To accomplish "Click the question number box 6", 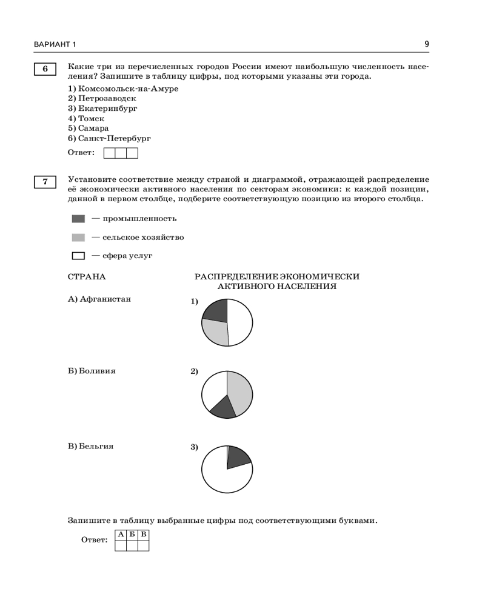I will coord(45,69).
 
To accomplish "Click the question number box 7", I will coord(45,182).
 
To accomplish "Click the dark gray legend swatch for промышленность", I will coord(78,219).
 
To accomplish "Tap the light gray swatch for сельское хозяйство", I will coord(78,238).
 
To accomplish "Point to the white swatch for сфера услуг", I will coord(78,256).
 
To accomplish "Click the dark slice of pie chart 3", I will coord(237,458).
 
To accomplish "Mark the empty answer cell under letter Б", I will coord(132,545).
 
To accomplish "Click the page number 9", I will coord(427,44).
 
